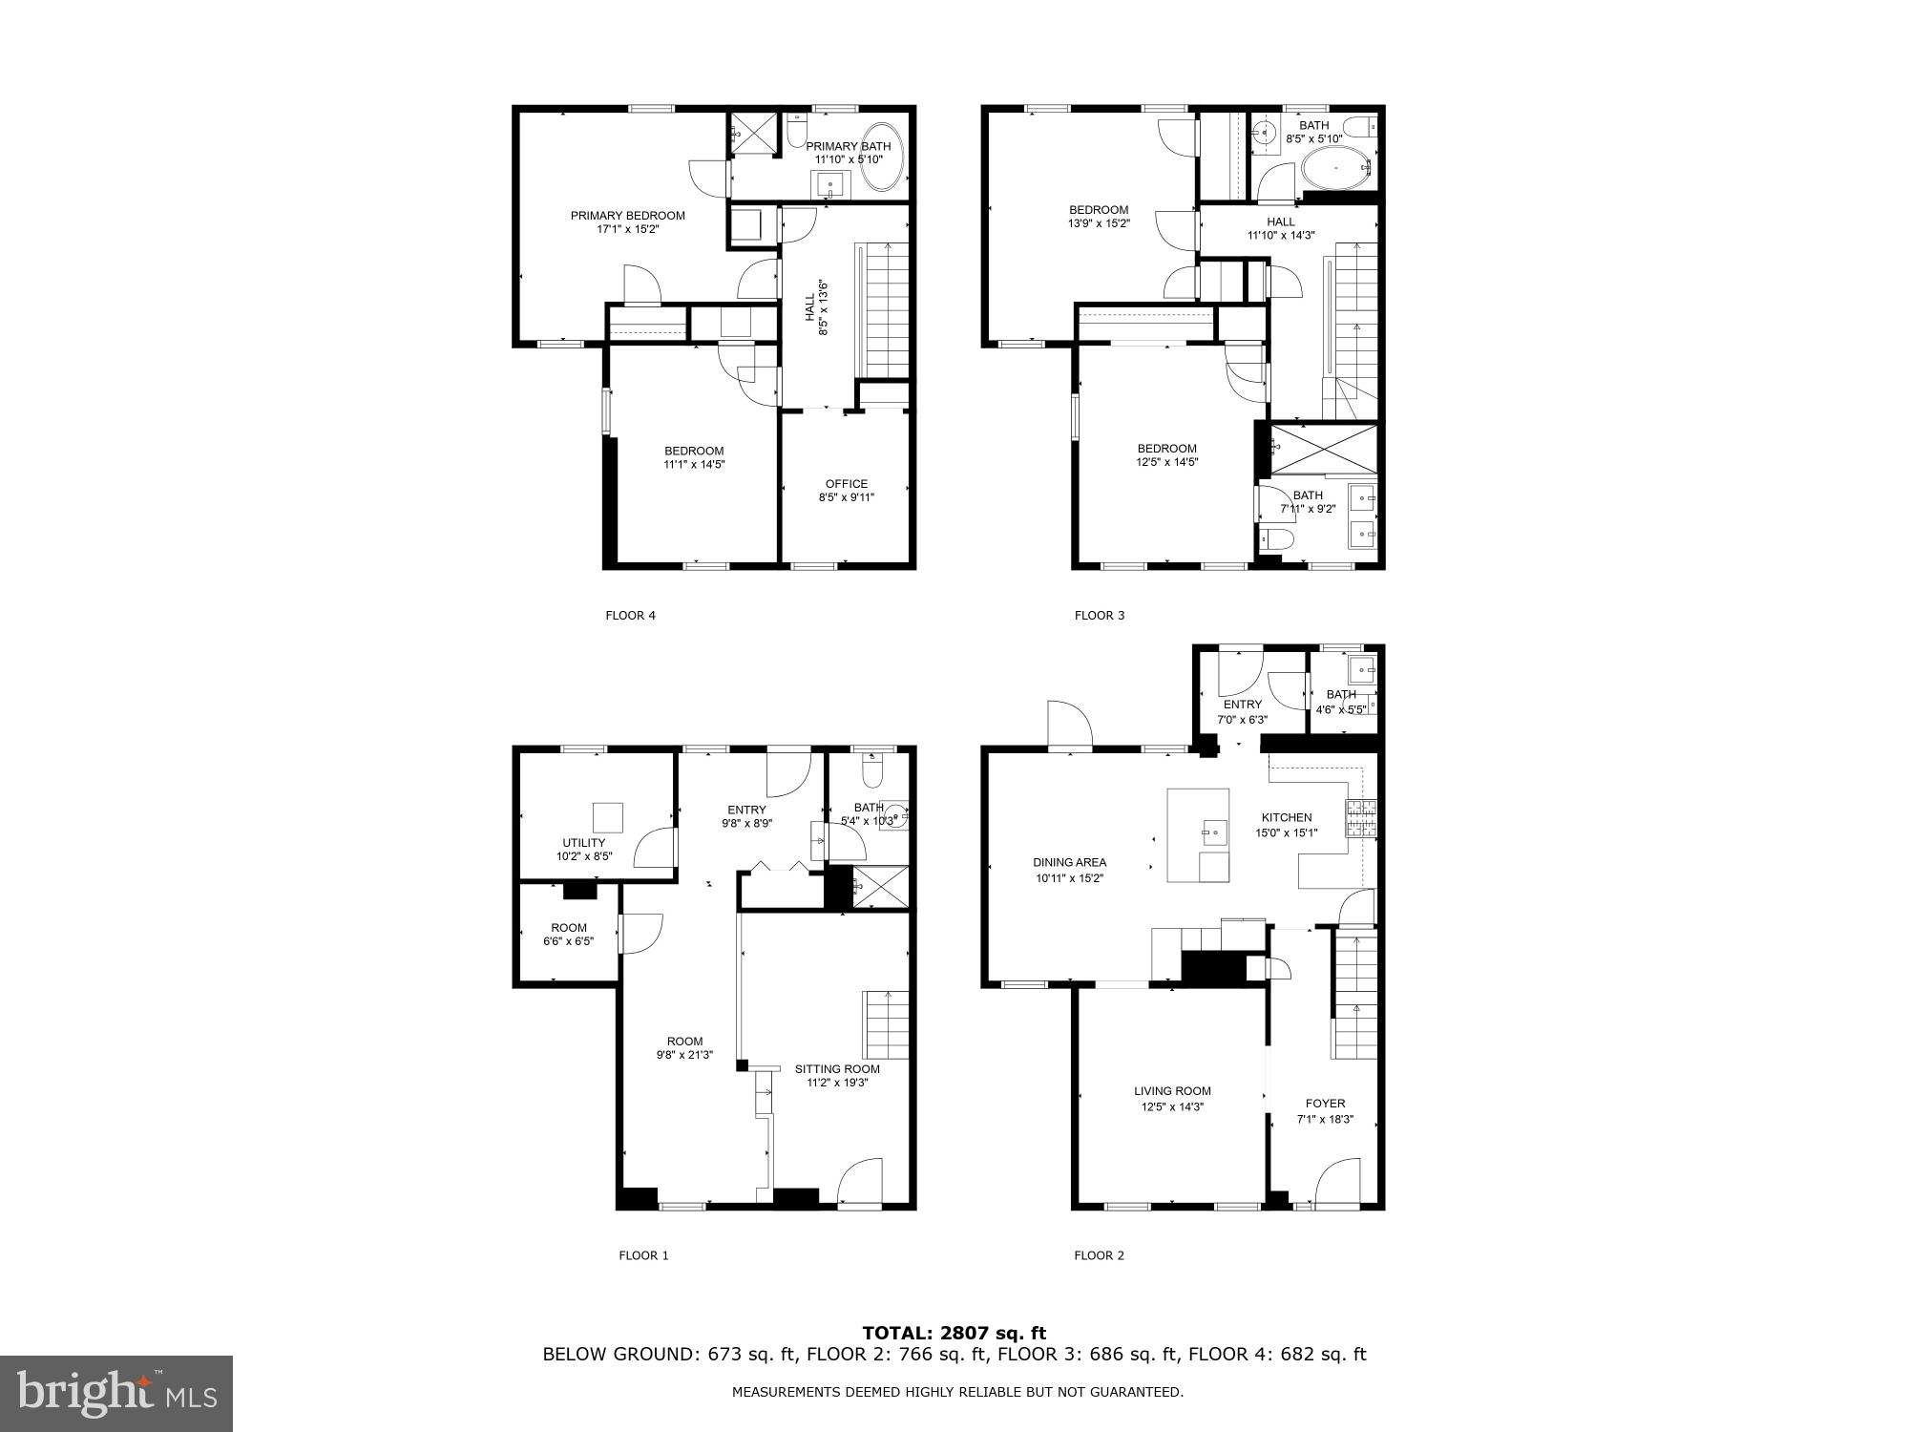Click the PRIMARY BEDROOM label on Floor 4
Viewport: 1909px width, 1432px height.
[627, 216]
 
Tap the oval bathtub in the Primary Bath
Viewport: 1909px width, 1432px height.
[882, 158]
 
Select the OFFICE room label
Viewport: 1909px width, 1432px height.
[847, 484]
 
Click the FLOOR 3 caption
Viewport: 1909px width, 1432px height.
[1100, 616]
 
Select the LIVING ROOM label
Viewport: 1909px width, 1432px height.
[1172, 1091]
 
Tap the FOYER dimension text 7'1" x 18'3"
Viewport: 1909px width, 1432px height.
[1325, 1120]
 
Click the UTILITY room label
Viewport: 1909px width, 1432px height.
[583, 843]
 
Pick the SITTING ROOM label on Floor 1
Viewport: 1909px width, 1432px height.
[837, 1069]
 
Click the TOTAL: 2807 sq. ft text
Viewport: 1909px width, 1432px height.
[954, 1333]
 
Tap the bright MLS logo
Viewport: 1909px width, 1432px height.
[116, 1394]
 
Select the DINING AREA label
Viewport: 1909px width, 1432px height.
[1069, 862]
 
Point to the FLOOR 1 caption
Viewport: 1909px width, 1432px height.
[643, 1255]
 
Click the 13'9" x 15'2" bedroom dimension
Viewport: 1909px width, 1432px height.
[1098, 223]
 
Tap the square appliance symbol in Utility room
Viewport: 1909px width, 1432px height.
[608, 818]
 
